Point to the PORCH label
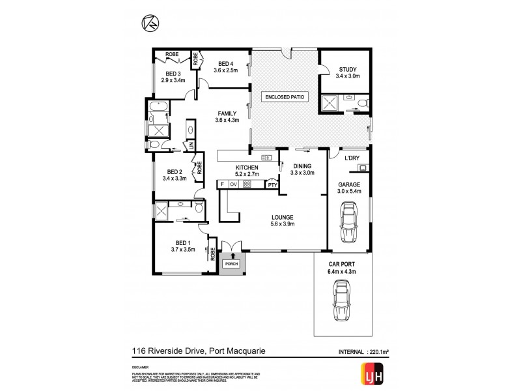231,263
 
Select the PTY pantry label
273,185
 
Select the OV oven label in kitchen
233,184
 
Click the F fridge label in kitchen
222,184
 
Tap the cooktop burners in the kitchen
247,184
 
